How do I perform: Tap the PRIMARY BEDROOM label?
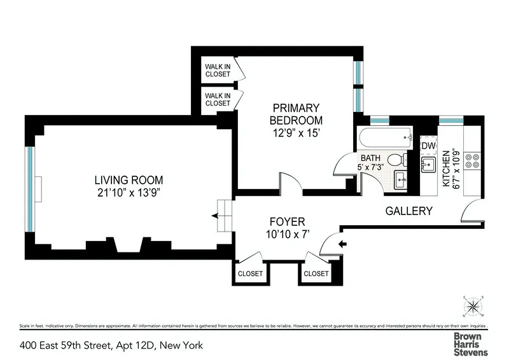coord(296,114)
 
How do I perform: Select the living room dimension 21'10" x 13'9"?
coord(130,193)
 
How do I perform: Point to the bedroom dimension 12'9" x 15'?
coord(296,134)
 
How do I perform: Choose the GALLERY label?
coord(409,211)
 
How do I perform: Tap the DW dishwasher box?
coord(429,146)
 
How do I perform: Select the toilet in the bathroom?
coord(396,159)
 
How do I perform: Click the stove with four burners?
coord(472,160)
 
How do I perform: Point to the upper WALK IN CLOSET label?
coord(218,70)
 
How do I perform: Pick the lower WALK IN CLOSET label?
coord(218,99)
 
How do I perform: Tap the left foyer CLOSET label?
coord(250,273)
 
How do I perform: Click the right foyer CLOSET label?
coord(316,273)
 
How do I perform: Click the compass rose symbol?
coord(473,305)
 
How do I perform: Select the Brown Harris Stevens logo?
coord(470,343)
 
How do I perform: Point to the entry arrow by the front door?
coord(344,244)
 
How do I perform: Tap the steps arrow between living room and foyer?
coord(216,216)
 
